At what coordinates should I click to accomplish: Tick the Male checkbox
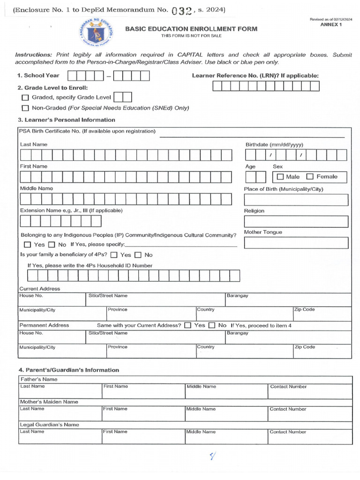tap(280, 177)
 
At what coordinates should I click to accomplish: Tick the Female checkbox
tap(310, 177)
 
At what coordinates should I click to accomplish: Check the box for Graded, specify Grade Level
tap(25, 97)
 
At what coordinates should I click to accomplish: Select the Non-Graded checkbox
tap(25, 108)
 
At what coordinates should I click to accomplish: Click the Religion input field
tap(296, 221)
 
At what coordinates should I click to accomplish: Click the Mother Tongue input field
tap(296, 243)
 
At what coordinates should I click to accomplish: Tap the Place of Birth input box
tap(296, 200)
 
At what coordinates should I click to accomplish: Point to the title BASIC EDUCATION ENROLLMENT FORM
tap(191, 29)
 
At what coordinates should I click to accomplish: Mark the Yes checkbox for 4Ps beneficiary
tap(114, 255)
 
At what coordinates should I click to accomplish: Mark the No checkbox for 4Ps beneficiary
tap(138, 255)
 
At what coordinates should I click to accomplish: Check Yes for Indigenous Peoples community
tap(27, 245)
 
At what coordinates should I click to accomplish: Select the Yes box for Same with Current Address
tap(187, 325)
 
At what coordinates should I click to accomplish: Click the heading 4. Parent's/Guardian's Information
tap(68, 370)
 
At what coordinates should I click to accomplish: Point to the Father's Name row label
tap(38, 379)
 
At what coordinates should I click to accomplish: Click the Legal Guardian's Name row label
tap(49, 425)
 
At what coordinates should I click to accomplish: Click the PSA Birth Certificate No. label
tap(87, 131)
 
